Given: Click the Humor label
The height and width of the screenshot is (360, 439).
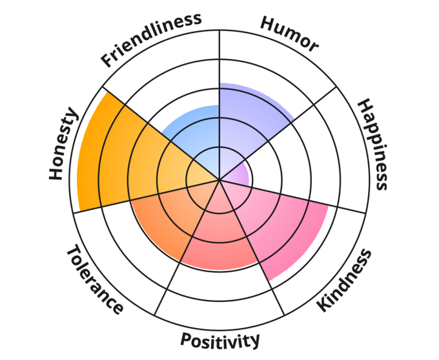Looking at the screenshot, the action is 289,33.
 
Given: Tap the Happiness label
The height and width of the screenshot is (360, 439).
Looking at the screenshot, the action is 374,143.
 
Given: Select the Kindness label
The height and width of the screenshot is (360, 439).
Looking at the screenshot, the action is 345,280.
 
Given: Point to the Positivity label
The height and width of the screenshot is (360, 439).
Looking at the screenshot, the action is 220,339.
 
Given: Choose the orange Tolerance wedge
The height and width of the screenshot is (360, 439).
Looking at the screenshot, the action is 168,213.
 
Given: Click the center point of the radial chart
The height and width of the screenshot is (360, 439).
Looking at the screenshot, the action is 220,180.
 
